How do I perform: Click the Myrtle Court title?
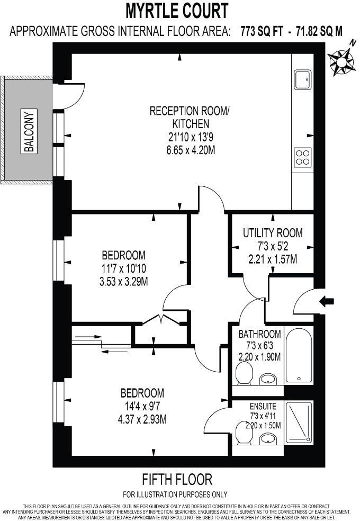pyautogui.click(x=177, y=10)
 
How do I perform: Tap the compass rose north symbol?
pyautogui.click(x=342, y=61)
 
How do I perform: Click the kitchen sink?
pyautogui.click(x=303, y=80)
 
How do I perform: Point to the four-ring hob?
pyautogui.click(x=302, y=157)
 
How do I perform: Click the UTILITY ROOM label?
pyautogui.click(x=273, y=233)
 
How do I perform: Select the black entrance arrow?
pyautogui.click(x=327, y=301)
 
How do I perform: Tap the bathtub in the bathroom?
pyautogui.click(x=299, y=355)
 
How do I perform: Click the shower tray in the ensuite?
pyautogui.click(x=299, y=421)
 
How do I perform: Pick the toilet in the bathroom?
pyautogui.click(x=244, y=373)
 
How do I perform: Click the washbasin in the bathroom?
pyautogui.click(x=269, y=378)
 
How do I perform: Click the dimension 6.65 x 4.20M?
pyautogui.click(x=183, y=150)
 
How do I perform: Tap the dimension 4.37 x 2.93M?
pyautogui.click(x=142, y=419)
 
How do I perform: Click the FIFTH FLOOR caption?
pyautogui.click(x=177, y=480)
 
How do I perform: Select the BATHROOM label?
pyautogui.click(x=259, y=334)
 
